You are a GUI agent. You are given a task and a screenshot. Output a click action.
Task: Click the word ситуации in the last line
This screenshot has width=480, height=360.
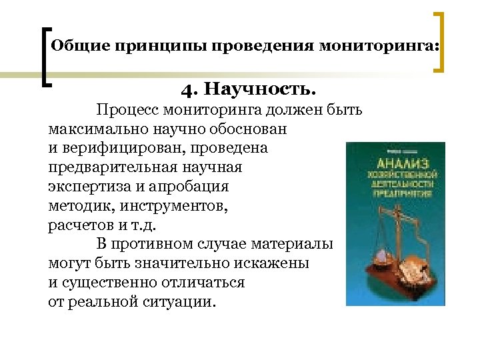click(179, 302)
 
